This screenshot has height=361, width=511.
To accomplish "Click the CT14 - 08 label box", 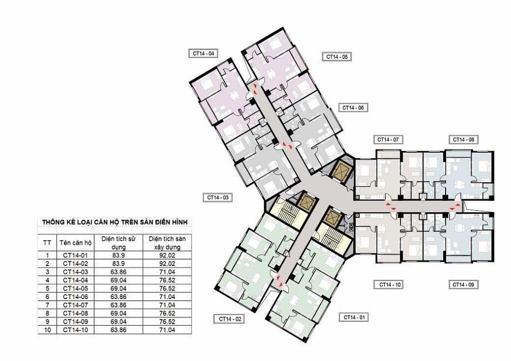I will [464, 140].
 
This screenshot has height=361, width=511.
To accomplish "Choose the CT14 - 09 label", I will [464, 285].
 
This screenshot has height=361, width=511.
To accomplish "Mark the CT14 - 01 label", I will [354, 317].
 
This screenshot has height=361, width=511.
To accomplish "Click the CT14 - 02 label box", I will [229, 319].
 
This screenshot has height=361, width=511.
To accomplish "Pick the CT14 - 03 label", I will [218, 198].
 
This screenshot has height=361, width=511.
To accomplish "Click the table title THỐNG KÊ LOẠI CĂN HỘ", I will [114, 222].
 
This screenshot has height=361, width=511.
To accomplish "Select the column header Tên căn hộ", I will [76, 243].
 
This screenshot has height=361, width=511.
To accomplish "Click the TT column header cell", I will [47, 243].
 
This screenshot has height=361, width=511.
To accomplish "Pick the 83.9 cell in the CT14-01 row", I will [118, 255].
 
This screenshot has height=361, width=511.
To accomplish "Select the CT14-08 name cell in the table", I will [76, 314].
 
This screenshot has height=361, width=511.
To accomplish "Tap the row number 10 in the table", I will [47, 330].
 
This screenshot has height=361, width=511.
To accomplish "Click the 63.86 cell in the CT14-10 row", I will [118, 330].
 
